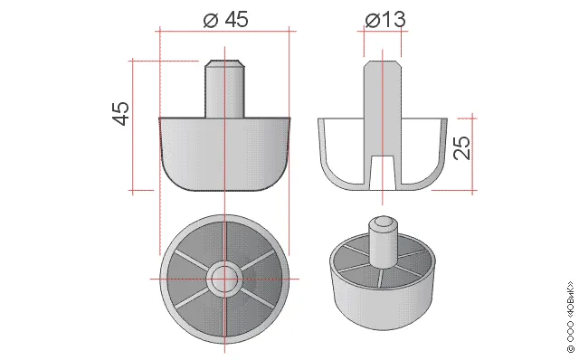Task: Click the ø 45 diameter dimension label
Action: pyautogui.click(x=225, y=19)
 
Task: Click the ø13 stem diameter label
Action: pyautogui.click(x=385, y=19)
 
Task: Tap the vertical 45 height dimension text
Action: pyautogui.click(x=120, y=113)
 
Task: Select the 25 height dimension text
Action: pyautogui.click(x=462, y=147)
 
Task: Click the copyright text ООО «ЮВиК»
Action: pyautogui.click(x=571, y=317)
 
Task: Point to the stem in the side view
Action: pyautogui.click(x=224, y=89)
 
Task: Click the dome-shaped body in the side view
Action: pyautogui.click(x=224, y=154)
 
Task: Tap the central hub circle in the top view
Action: pyautogui.click(x=224, y=279)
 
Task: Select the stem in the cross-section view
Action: pyautogui.click(x=382, y=108)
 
